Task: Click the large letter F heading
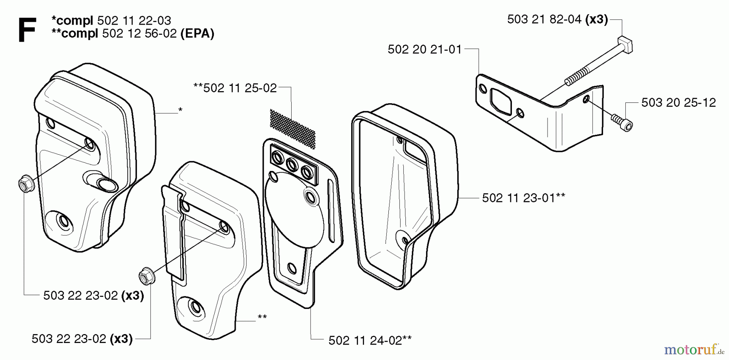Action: click(27, 29)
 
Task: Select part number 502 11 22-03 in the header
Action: click(134, 20)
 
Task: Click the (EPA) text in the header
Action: click(197, 33)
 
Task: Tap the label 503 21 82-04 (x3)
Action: click(557, 19)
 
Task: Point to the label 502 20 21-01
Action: click(424, 49)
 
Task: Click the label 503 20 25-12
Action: click(678, 102)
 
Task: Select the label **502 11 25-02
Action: click(235, 88)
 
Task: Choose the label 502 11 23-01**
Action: click(524, 198)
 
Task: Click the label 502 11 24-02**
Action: click(370, 340)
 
